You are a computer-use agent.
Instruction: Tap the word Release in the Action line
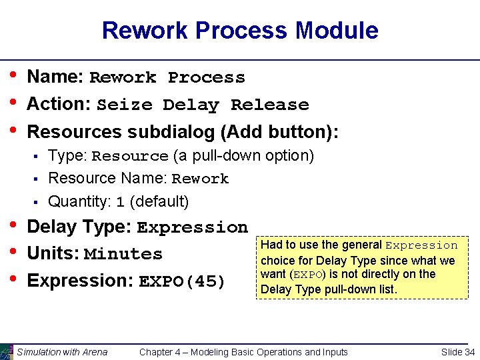269,105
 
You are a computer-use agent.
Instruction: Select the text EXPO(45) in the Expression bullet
182,282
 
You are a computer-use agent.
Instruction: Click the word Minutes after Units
123,255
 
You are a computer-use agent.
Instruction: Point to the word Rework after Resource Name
200,179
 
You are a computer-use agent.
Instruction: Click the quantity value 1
121,202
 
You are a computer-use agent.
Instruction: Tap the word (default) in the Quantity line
159,201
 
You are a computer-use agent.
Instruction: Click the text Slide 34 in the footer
458,352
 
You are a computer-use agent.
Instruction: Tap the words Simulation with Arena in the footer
62,352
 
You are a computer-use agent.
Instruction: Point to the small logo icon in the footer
7,351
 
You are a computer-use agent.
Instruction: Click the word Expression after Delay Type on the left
192,228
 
